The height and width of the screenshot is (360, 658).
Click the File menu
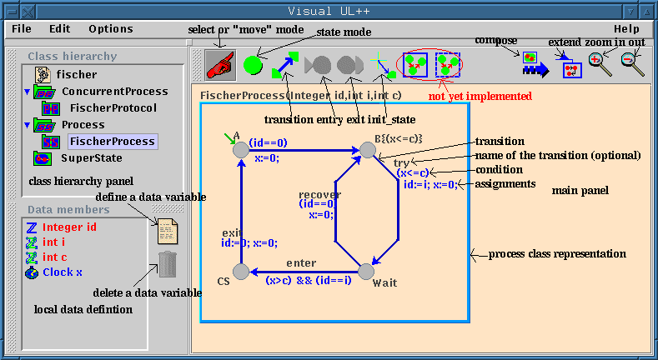(22, 28)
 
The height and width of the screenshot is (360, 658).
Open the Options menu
(110, 28)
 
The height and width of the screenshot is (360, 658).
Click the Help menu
(626, 28)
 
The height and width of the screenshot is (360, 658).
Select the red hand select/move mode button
(219, 63)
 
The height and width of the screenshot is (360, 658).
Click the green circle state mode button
(253, 63)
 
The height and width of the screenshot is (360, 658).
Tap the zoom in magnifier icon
(600, 64)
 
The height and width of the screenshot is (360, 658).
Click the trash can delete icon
(167, 264)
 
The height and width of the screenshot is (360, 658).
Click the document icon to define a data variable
(167, 228)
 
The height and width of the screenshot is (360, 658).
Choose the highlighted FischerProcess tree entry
(113, 141)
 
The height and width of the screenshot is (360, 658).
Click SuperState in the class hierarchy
(92, 157)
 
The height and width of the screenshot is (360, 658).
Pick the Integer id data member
(69, 227)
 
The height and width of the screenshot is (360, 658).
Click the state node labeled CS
(241, 271)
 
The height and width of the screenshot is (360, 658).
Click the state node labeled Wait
(364, 271)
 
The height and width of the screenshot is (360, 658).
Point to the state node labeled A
(241, 149)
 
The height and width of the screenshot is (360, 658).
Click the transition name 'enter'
(301, 263)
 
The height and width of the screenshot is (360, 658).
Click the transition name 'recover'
(319, 194)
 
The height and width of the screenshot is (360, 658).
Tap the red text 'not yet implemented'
(480, 96)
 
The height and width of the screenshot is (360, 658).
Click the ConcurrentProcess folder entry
(114, 91)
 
